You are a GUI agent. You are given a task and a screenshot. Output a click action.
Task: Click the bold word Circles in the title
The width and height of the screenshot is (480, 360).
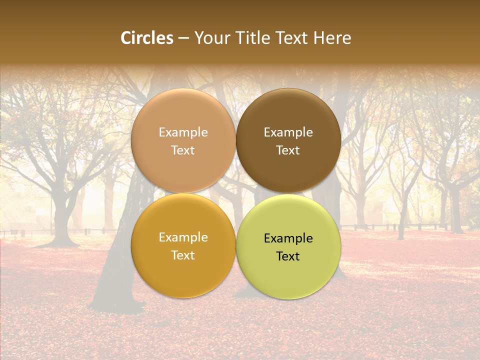point(147,38)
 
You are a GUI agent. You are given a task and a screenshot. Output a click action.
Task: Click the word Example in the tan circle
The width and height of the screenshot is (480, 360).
point(183,132)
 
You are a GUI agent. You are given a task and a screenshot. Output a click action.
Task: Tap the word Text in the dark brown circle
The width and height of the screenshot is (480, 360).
point(288,150)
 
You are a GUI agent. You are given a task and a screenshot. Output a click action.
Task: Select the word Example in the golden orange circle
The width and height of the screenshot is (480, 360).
point(183,237)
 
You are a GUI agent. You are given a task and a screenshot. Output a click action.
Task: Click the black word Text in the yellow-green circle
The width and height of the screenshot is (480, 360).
point(288,256)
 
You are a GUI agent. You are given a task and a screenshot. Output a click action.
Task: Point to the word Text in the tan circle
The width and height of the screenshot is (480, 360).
point(183,150)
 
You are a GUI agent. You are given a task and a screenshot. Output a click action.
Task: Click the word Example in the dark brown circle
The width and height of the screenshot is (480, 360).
point(288,132)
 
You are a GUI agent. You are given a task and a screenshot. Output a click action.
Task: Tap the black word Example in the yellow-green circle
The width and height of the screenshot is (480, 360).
point(288,238)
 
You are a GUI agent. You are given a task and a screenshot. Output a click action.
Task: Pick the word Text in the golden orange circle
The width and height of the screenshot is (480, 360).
point(183,255)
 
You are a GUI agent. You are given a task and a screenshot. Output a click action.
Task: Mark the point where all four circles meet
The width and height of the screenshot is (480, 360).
point(236,193)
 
